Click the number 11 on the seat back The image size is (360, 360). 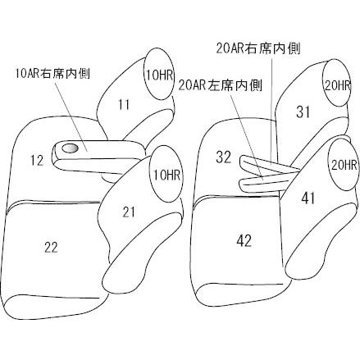pos(124,105)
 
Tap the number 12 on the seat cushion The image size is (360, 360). pos(37,160)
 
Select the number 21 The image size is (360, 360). pos(129,212)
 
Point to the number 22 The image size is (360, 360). pos(51,248)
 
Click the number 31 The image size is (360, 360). pos(303,112)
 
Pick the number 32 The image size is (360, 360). pos(224,157)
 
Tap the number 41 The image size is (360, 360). pos(308,198)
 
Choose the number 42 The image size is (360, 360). pos(244,241)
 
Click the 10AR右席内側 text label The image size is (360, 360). pos(52,74)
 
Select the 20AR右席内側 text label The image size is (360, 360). pos(258,48)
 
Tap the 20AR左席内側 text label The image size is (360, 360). pos(221,85)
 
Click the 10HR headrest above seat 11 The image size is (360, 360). pos(159,75)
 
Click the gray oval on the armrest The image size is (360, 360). pos(71,148)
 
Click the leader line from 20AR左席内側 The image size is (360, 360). pos(247,136)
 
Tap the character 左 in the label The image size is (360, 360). pos(214,85)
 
